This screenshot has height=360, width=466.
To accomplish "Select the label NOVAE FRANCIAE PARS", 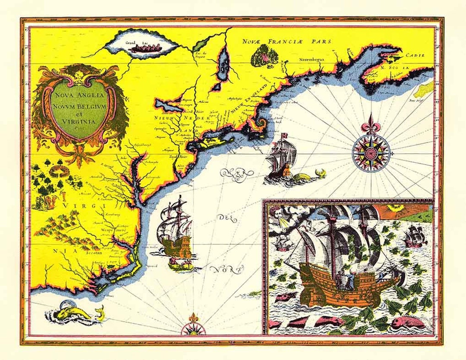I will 286,41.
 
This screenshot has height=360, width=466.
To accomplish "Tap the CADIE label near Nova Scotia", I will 414,56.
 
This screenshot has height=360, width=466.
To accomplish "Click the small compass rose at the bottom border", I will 190,328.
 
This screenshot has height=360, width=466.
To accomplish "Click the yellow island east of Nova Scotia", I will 424,88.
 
